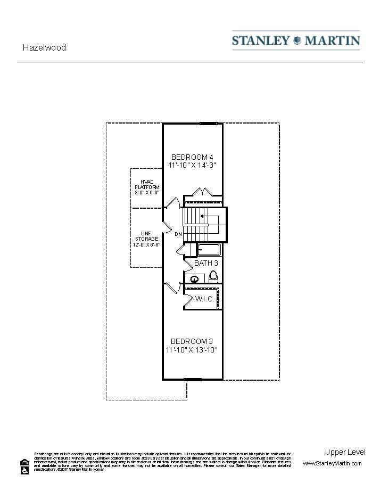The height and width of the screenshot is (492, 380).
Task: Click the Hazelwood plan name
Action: [x=44, y=47]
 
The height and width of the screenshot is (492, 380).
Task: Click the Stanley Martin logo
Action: [x=296, y=40]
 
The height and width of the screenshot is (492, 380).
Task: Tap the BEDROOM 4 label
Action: [x=192, y=157]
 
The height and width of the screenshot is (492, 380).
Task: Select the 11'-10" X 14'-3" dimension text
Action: [x=192, y=166]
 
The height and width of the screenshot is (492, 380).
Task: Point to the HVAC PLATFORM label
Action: [x=147, y=185]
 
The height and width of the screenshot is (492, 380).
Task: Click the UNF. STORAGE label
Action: [x=147, y=236]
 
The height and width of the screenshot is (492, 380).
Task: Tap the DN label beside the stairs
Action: [x=178, y=234]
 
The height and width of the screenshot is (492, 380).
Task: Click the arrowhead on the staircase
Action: [x=203, y=217]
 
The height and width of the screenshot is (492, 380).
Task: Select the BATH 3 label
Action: [x=206, y=263]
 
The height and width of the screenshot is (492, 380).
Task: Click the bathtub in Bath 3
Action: [x=208, y=249]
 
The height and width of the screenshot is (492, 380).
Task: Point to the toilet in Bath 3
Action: [x=213, y=276]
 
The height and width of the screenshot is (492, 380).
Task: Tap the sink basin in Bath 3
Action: [x=195, y=278]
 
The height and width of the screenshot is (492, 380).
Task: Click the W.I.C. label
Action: [x=204, y=299]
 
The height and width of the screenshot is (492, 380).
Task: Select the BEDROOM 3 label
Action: [x=192, y=341]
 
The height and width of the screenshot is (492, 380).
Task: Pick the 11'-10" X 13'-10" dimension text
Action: [x=192, y=350]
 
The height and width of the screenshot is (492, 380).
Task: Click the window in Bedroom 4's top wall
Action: [x=209, y=124]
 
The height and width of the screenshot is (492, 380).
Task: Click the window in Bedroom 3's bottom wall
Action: [x=193, y=380]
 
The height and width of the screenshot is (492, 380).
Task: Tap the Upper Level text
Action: [x=345, y=452]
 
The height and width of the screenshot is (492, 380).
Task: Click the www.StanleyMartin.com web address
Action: [x=332, y=464]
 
